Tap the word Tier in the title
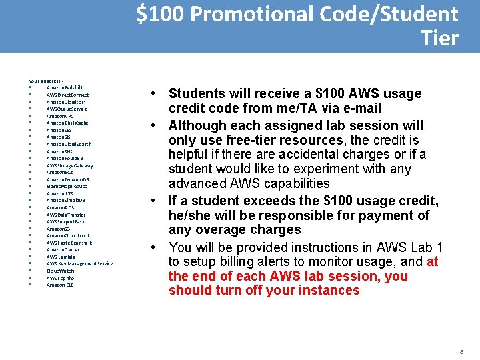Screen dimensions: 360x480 click(440, 38)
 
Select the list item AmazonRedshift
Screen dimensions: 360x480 click(64, 87)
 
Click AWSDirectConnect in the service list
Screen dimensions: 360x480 click(67, 95)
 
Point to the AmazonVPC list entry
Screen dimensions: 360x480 click(60, 115)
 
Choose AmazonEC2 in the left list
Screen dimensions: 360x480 click(60, 172)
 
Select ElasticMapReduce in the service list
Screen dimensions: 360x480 click(67, 186)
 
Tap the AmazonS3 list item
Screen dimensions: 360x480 click(57, 229)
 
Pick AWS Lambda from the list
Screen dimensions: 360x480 click(61, 257)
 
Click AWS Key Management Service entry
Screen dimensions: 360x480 click(79, 263)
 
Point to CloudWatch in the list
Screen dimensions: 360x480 click(60, 271)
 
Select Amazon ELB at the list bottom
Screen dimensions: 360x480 click(60, 285)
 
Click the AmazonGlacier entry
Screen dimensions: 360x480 click(63, 249)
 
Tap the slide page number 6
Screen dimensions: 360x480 click(461, 351)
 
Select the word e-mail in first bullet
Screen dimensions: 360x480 click(359, 108)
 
